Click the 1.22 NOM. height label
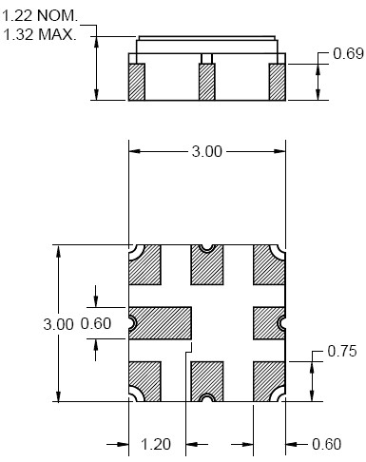pyautogui.click(x=40, y=16)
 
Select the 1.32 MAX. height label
pyautogui.click(x=40, y=34)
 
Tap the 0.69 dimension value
pyautogui.click(x=348, y=53)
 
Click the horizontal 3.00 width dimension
pyautogui.click(x=207, y=151)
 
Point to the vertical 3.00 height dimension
pyautogui.click(x=58, y=324)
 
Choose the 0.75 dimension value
pyautogui.click(x=342, y=351)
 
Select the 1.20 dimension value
pyautogui.click(x=156, y=444)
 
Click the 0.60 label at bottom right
pyautogui.click(x=327, y=444)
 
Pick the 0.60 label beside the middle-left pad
pyautogui.click(x=96, y=323)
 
